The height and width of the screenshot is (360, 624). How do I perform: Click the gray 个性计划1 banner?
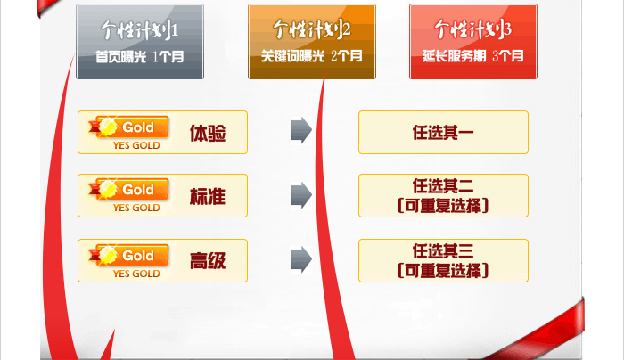[140, 41]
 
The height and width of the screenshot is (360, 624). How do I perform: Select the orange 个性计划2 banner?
[312, 41]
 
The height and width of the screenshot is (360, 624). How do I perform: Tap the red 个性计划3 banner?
[473, 41]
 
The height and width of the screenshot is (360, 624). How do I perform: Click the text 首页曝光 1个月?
[140, 57]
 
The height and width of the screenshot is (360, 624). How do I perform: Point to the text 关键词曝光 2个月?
[312, 56]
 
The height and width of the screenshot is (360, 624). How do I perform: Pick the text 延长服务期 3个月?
[473, 56]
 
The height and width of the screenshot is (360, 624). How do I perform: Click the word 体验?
[208, 133]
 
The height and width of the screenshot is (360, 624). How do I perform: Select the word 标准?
[208, 196]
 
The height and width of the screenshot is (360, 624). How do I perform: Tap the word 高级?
[208, 261]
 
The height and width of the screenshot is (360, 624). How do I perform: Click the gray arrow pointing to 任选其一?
[301, 130]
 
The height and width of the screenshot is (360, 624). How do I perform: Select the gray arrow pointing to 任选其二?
[301, 195]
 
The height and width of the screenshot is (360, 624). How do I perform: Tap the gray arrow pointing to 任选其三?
[301, 259]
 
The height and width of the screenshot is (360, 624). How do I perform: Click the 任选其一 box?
[443, 133]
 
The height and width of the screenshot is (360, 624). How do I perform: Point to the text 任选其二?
[443, 185]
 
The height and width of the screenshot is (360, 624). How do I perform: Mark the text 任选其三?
[443, 251]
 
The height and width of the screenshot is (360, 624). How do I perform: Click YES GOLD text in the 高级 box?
[136, 274]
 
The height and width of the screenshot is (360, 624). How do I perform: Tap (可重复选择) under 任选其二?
[443, 206]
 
